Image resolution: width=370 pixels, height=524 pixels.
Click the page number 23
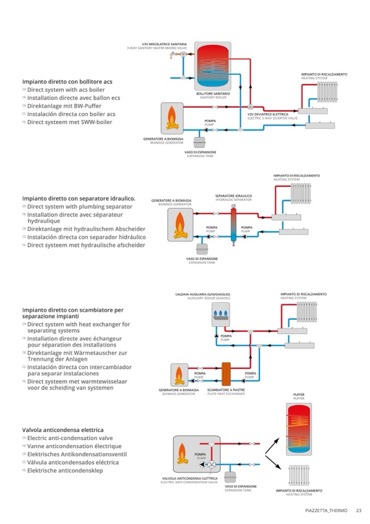point(359,511)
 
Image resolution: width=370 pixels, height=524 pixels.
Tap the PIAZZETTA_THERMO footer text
point(326,511)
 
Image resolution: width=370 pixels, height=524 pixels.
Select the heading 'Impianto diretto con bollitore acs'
point(68,81)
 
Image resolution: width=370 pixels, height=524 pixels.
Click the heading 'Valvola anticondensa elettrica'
point(63,430)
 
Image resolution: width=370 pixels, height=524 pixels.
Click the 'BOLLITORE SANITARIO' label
point(213,93)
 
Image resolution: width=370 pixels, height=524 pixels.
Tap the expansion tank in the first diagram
point(202,139)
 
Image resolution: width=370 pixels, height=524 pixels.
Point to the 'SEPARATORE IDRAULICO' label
point(233,195)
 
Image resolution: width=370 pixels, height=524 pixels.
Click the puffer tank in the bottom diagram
point(299,429)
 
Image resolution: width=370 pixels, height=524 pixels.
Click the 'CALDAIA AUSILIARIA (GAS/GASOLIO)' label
point(210,295)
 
